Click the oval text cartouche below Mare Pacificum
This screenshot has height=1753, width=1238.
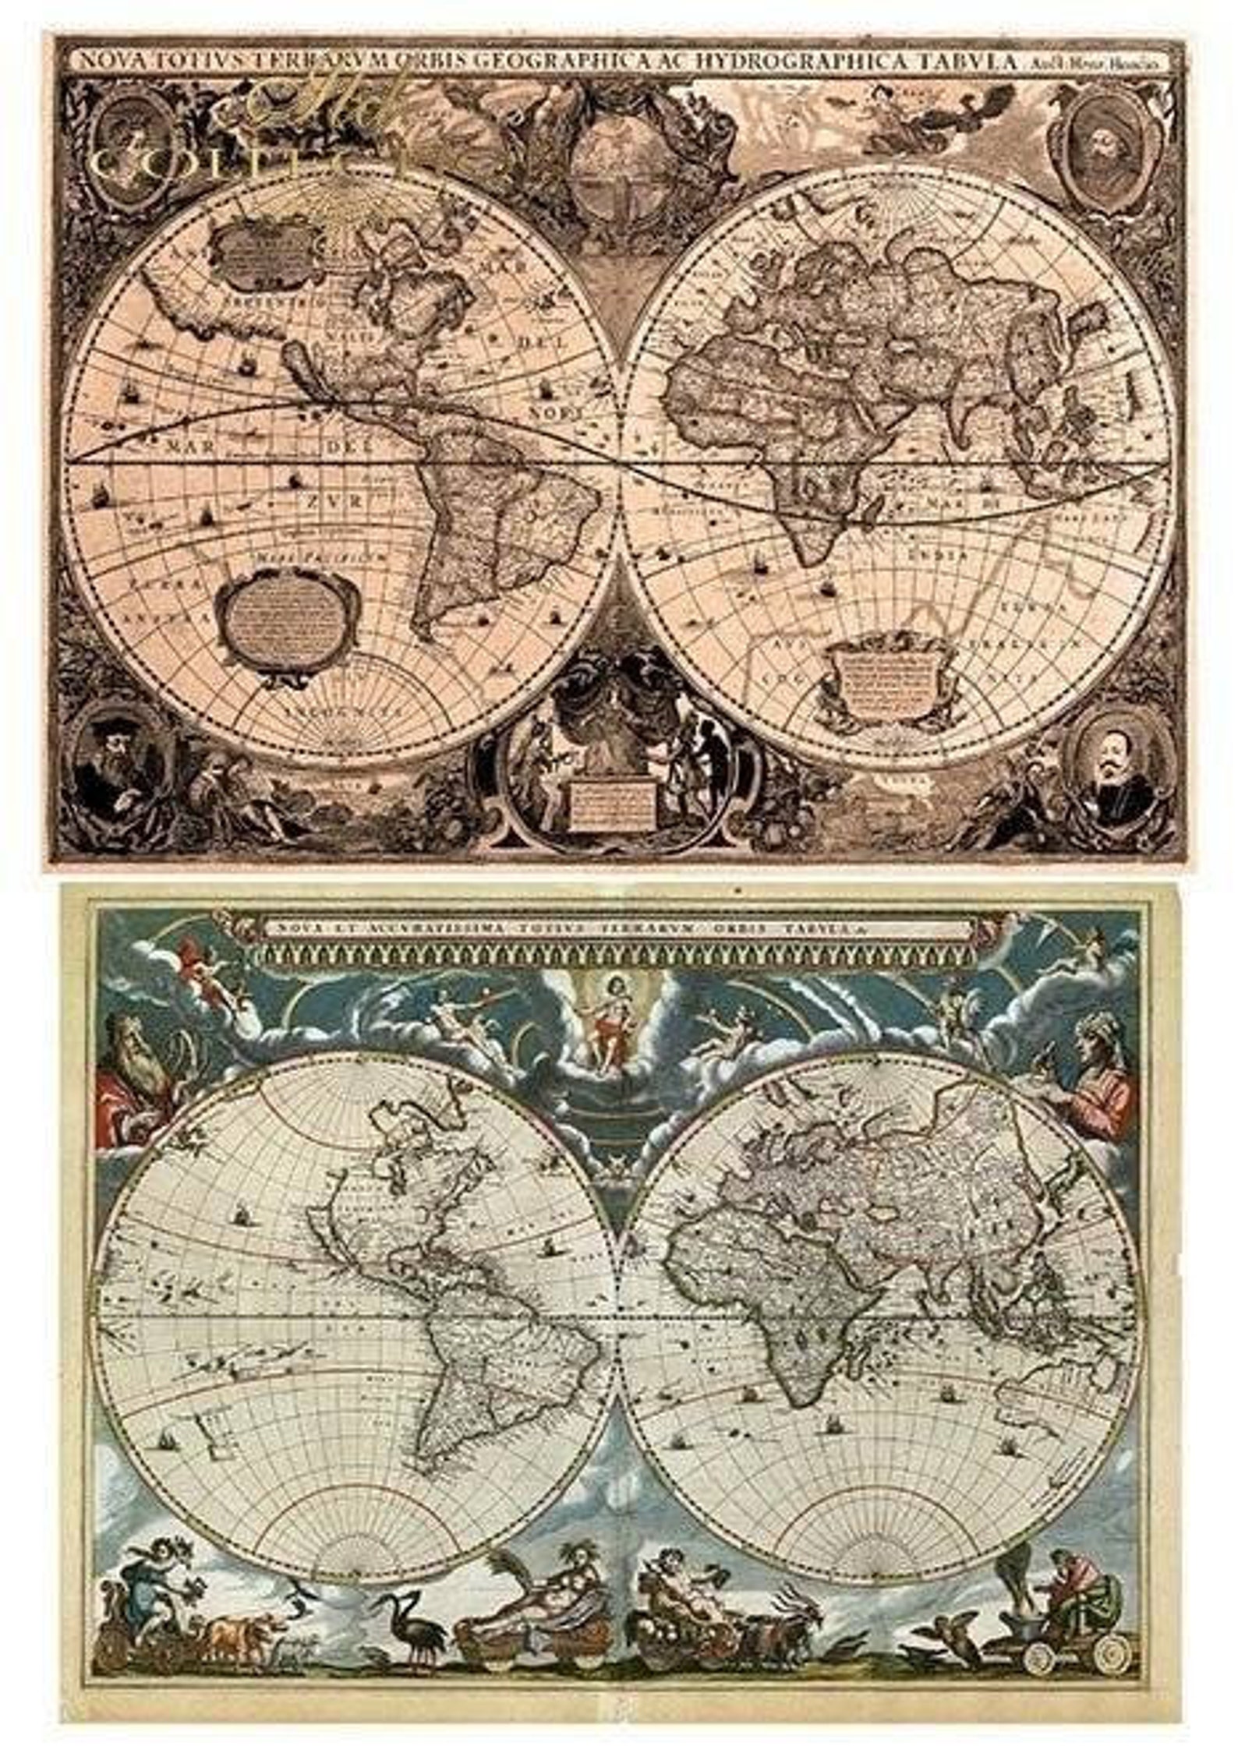pyautogui.click(x=287, y=616)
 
